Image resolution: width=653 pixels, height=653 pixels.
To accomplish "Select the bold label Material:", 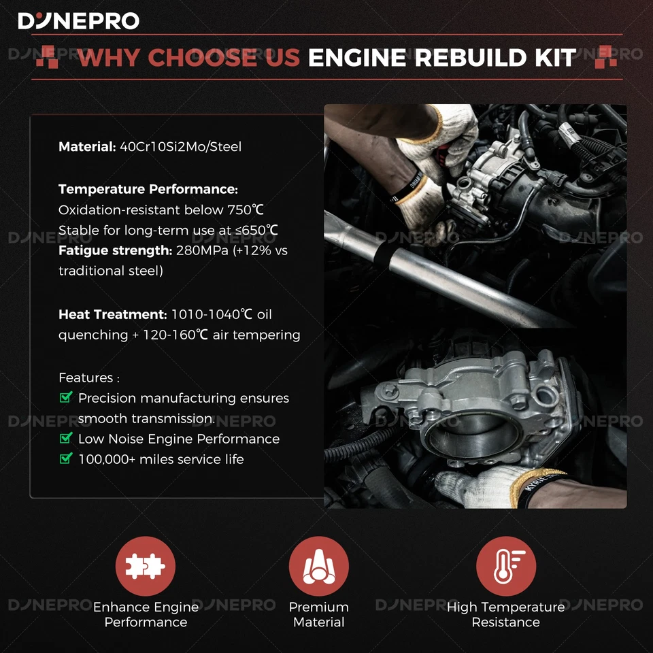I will pos(86,146).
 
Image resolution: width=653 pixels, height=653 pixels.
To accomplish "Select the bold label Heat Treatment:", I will pos(112,315).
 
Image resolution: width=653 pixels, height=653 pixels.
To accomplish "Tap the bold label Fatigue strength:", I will pos(115,251).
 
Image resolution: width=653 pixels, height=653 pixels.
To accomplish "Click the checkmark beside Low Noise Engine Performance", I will pos(66,439).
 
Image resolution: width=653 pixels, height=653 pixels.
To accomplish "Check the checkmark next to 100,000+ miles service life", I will pos(66,459).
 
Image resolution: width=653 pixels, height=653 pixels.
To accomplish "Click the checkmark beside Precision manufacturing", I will pos(66,398).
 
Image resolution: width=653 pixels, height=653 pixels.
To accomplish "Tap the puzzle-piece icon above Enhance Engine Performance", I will pos(145,566).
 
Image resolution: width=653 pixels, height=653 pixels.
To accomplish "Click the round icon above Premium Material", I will pos(318,566).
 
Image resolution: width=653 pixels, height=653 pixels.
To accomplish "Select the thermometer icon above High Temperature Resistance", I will pos(505,566).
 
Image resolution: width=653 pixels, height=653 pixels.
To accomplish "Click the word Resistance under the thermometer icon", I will pos(505,622).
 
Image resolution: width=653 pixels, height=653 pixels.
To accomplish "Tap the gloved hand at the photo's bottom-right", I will pos(490,486).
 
